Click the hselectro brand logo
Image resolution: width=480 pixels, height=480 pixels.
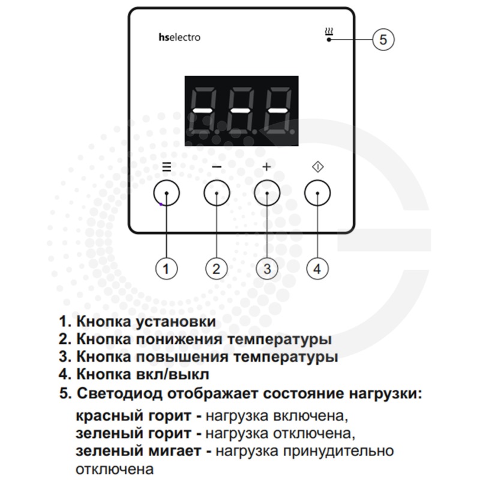179,37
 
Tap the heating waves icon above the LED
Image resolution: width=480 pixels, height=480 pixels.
329,32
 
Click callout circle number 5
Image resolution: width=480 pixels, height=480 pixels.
383,40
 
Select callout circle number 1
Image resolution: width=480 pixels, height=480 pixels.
166,269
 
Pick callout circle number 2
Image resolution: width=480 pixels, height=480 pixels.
217,269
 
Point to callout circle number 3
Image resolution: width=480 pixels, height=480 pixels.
267,269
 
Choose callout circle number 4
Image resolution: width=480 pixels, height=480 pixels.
317,269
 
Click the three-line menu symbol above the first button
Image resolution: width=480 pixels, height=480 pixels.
167,167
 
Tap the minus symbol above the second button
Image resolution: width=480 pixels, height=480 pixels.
217,167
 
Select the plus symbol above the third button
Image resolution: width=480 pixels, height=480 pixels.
267,167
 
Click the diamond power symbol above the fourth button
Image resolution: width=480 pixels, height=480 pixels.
318,167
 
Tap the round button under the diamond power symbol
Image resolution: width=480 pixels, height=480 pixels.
317,193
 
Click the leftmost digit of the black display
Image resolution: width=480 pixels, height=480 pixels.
203,110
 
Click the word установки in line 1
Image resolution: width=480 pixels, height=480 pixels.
176,322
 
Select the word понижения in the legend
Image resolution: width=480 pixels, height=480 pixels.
179,339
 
